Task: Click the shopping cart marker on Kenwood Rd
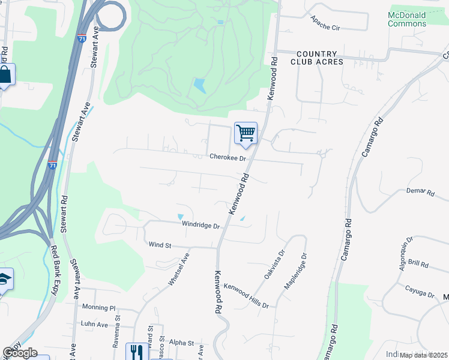pyautogui.click(x=246, y=133)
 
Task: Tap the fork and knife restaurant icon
pyautogui.click(x=136, y=352)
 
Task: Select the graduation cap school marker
pyautogui.click(x=5, y=279)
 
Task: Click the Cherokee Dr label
pyautogui.click(x=228, y=158)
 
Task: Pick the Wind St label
pyautogui.click(x=160, y=245)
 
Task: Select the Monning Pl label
pyautogui.click(x=99, y=308)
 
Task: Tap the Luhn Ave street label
pyautogui.click(x=94, y=324)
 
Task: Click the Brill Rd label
pyautogui.click(x=417, y=264)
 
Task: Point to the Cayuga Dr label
pyautogui.click(x=418, y=292)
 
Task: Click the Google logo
pyautogui.click(x=20, y=353)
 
